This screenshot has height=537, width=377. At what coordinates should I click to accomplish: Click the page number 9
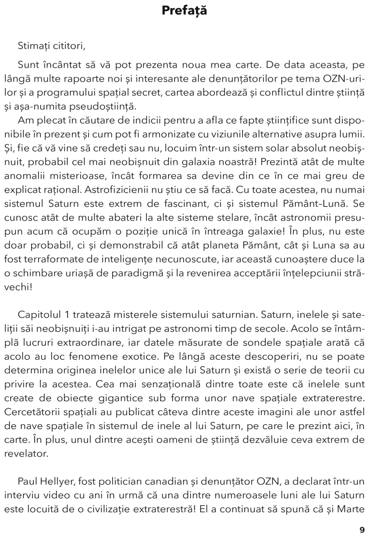click(x=362, y=529)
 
